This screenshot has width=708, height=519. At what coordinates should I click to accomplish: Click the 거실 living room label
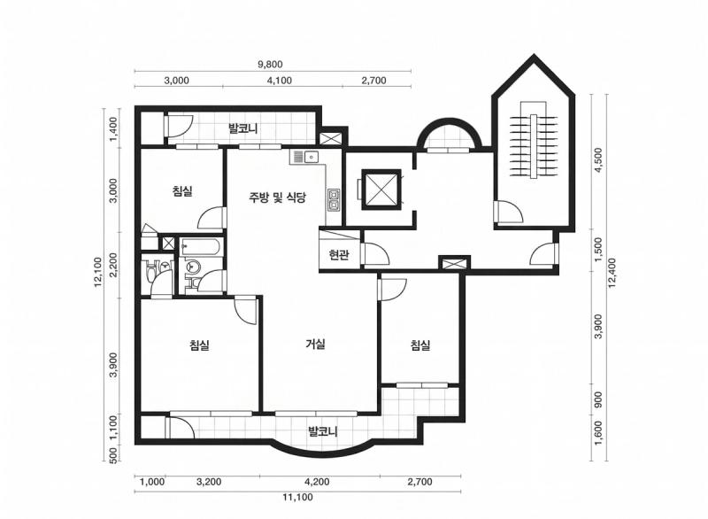316,345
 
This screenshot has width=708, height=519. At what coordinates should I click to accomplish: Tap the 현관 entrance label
339,256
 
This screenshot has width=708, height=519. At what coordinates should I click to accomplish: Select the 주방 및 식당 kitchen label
277,197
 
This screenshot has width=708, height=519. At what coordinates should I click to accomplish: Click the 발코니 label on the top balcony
242,128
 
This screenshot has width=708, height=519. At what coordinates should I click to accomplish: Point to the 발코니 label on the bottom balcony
323,431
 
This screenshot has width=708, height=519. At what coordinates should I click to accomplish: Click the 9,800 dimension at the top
270,64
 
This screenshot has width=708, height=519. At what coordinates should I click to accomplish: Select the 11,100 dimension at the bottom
297,498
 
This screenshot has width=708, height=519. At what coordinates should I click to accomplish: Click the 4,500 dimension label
599,160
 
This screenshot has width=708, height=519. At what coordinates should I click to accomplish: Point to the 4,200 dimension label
317,482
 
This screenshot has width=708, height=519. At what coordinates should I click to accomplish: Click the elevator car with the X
381,190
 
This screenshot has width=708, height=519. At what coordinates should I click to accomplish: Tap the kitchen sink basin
312,157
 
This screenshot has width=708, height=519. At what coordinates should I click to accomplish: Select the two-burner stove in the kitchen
334,200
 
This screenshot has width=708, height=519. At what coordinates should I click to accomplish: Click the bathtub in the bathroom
201,247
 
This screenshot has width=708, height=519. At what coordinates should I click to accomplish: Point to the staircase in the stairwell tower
534,146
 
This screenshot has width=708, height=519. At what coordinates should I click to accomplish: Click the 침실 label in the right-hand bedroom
419,345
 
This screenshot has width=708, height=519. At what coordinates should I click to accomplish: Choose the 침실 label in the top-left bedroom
182,190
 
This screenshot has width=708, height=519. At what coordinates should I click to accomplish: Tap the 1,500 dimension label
599,250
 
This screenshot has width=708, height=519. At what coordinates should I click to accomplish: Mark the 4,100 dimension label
280,81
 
